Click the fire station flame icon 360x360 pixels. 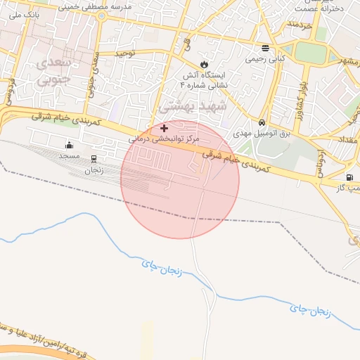(x=204, y=63)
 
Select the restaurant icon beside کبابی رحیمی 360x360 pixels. (x=265, y=49)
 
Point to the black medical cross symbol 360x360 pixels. (x=165, y=128)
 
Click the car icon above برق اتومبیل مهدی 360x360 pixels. (x=262, y=122)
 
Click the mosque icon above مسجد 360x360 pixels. (x=69, y=146)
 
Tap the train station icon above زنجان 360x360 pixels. (x=94, y=159)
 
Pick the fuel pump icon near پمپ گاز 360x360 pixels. (x=349, y=177)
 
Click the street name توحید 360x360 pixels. (x=124, y=53)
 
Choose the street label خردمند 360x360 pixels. (x=299, y=25)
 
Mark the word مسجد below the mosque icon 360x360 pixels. (x=69, y=155)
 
